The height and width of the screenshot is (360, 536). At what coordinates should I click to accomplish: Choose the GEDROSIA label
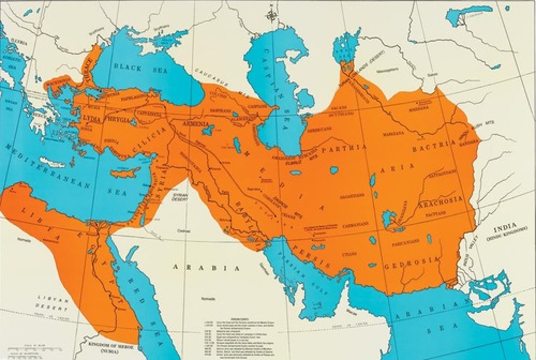click(411, 264)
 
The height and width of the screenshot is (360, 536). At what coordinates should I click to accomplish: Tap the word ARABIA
click(206, 268)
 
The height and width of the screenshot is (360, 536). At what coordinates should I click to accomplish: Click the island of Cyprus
click(125, 172)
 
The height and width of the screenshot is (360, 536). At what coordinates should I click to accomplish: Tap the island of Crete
click(52, 162)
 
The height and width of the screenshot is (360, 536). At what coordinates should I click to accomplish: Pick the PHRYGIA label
click(118, 121)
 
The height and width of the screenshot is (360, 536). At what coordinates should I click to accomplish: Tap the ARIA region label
click(397, 168)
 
